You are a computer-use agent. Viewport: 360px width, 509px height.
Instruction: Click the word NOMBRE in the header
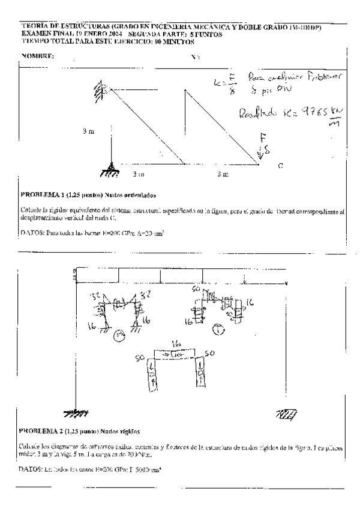(37, 56)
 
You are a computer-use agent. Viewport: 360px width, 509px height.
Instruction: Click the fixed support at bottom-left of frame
(75, 414)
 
